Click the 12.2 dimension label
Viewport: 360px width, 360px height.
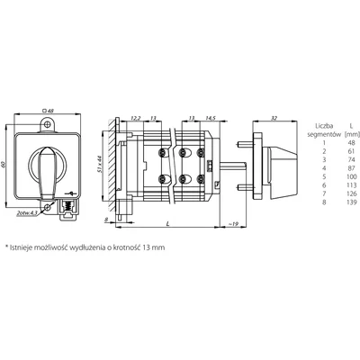(135, 118)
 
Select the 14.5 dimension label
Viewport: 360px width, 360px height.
(209, 118)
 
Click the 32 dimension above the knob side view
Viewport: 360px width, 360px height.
(274, 118)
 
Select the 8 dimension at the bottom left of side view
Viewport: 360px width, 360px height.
(104, 219)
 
